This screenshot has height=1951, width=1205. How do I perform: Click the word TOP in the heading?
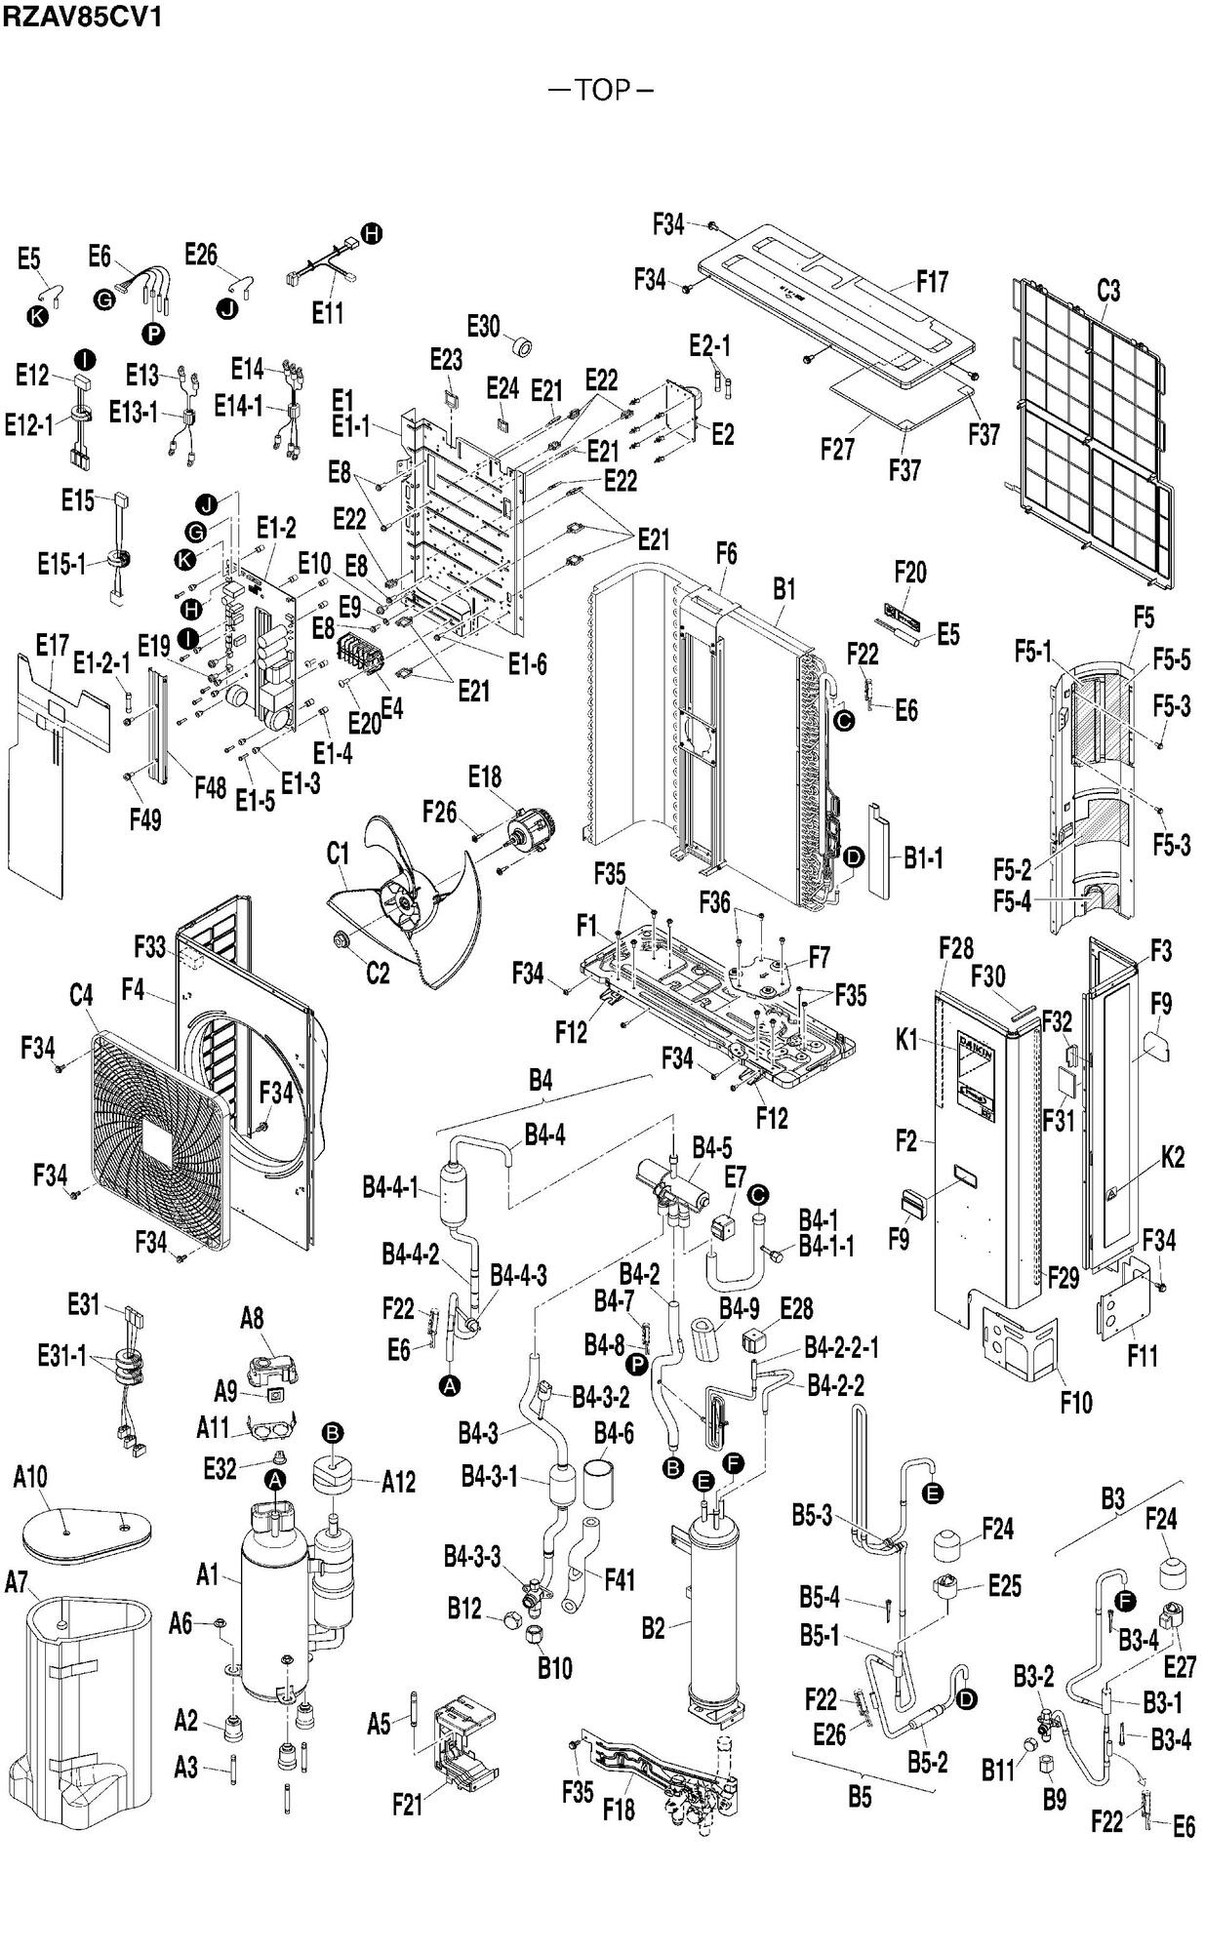click(602, 90)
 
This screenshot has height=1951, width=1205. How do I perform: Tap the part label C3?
click(1108, 291)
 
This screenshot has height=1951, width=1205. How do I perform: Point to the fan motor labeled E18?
click(527, 835)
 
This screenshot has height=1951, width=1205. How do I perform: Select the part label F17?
click(932, 283)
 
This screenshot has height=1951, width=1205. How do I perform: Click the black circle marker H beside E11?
click(372, 233)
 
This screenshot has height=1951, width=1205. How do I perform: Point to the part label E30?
click(483, 326)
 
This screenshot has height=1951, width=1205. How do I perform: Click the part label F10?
click(1076, 1403)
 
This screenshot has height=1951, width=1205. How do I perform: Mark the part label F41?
click(621, 1579)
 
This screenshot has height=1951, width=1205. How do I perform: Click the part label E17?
click(52, 645)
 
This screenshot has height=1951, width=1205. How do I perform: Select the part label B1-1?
click(922, 858)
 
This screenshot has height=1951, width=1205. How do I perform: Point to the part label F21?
click(408, 1806)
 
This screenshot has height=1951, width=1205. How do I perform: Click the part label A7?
click(17, 1581)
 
